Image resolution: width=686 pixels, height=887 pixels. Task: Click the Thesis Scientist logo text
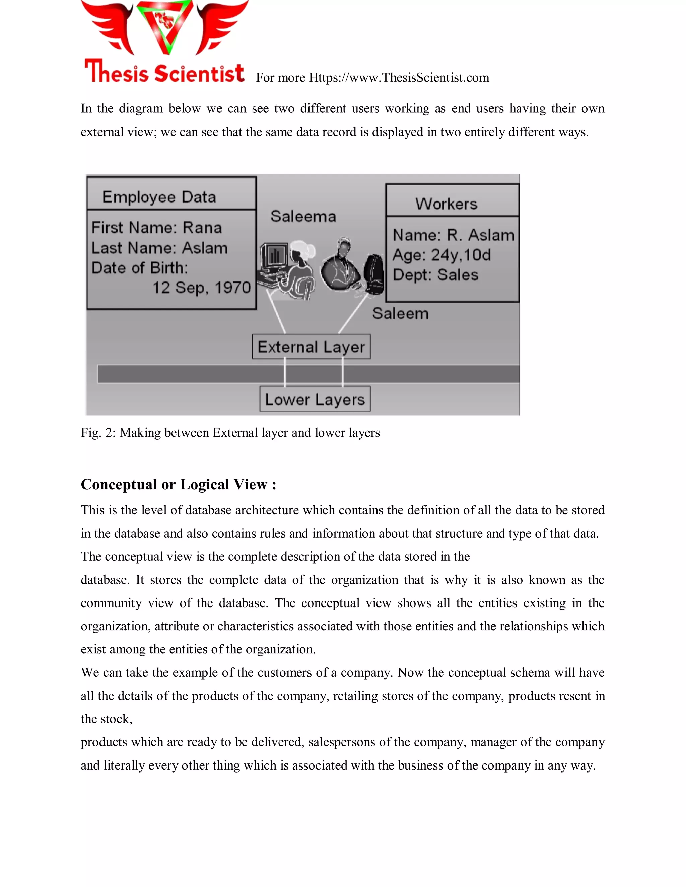(x=164, y=72)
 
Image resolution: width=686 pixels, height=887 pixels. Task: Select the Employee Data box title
(x=159, y=197)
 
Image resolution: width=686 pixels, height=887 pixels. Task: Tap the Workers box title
(x=446, y=204)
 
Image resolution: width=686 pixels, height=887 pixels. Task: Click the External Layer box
(x=311, y=347)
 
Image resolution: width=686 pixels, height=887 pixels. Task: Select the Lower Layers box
(x=315, y=399)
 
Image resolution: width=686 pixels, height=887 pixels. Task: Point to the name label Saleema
(x=303, y=217)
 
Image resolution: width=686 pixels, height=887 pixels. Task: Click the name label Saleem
(x=400, y=314)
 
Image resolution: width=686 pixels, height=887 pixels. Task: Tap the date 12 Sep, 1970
(x=202, y=288)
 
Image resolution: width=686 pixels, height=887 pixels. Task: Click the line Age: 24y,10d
(x=442, y=255)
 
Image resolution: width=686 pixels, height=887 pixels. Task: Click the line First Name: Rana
(x=156, y=227)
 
